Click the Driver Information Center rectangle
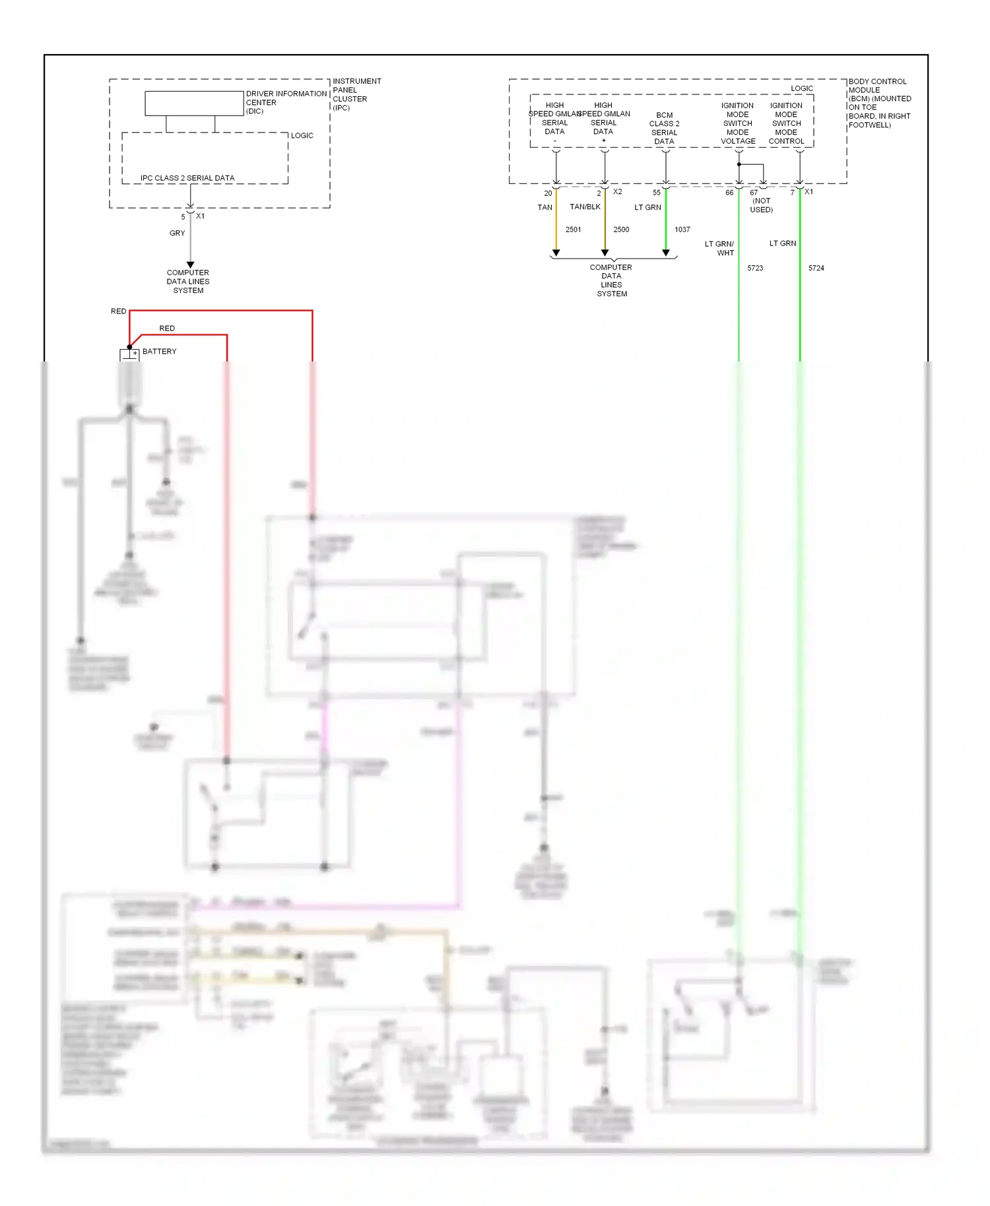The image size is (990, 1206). [x=194, y=103]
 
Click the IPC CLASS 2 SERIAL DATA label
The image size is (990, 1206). [x=187, y=178]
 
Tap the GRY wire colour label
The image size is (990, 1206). [x=177, y=233]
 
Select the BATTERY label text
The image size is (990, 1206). [x=159, y=352]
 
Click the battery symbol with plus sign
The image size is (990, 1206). [x=129, y=355]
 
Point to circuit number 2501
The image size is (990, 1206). [x=573, y=230]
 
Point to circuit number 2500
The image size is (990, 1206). [x=621, y=230]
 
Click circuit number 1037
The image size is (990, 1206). [x=682, y=230]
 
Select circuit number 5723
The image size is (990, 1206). [x=755, y=268]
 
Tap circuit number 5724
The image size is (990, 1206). [x=816, y=268]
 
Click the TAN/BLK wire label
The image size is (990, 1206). [x=585, y=207]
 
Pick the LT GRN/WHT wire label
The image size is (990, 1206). [x=720, y=248]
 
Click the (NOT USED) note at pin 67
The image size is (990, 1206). [x=761, y=205]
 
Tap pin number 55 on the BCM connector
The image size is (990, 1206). [x=656, y=193]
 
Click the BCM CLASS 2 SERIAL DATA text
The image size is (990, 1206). [x=664, y=128]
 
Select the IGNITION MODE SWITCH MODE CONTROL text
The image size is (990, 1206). [x=786, y=123]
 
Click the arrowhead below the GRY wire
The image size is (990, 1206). [x=190, y=265]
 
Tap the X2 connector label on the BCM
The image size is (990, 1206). [x=617, y=192]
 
